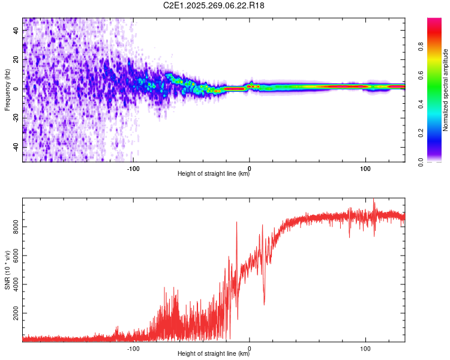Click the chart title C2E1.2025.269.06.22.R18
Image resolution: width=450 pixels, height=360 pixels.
pyautogui.click(x=214, y=5)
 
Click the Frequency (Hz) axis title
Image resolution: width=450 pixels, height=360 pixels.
pyautogui.click(x=7, y=90)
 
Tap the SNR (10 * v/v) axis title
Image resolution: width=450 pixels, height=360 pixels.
pyautogui.click(x=7, y=270)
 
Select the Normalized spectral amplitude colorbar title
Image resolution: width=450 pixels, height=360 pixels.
pyautogui.click(x=445, y=90)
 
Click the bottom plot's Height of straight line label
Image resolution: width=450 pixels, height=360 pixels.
pyautogui.click(x=214, y=353)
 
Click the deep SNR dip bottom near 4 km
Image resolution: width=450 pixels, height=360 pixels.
pyautogui.click(x=264, y=304)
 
